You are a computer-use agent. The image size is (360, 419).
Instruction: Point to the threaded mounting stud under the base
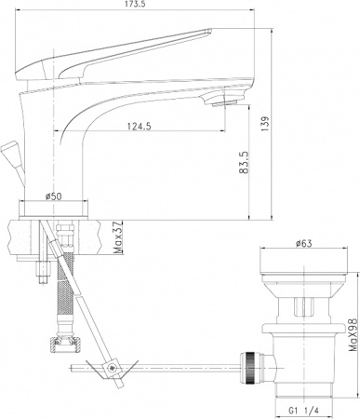pos(43,270)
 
